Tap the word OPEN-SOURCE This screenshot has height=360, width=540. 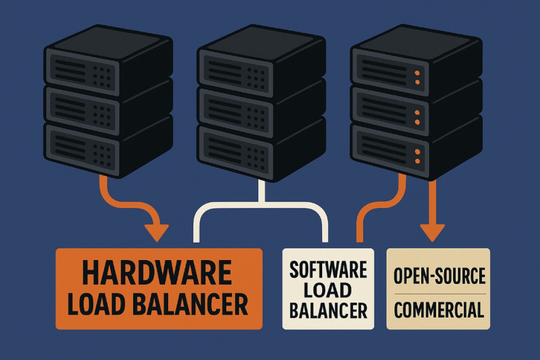pyautogui.click(x=440, y=275)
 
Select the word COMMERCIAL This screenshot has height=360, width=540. pyautogui.click(x=439, y=310)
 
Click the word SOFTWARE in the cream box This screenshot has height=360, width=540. pyautogui.click(x=328, y=269)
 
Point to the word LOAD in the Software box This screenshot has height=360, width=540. pyautogui.click(x=328, y=290)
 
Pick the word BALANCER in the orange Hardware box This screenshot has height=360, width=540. pyautogui.click(x=190, y=305)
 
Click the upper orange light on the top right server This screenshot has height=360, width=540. pyautogui.click(x=417, y=73)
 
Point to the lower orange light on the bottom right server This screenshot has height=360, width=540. pyautogui.click(x=417, y=161)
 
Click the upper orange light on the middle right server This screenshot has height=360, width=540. pyautogui.click(x=417, y=112)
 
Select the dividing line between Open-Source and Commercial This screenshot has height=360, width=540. pyautogui.click(x=440, y=294)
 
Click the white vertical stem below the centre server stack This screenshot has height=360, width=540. pyautogui.click(x=261, y=192)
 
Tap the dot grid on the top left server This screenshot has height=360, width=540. pyautogui.click(x=102, y=77)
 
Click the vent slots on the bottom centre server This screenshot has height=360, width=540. pyautogui.click(x=225, y=148)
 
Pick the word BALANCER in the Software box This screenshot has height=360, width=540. pyautogui.click(x=328, y=310)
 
